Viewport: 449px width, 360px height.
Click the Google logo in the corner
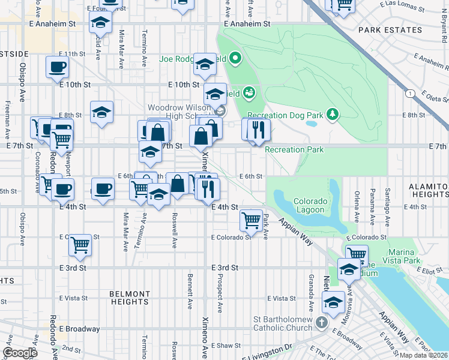(x=20, y=353)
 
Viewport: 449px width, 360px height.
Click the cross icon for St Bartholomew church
(x=321, y=323)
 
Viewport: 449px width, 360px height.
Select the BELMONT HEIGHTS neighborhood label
(x=130, y=298)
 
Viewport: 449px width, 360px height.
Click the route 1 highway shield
(x=409, y=93)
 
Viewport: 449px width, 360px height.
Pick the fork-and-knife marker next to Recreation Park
(x=259, y=129)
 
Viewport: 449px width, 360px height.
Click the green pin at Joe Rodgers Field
(x=235, y=59)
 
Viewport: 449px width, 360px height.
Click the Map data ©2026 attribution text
(x=423, y=355)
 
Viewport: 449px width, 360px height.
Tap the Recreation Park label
(x=294, y=149)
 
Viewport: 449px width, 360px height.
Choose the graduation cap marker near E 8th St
(x=102, y=112)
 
